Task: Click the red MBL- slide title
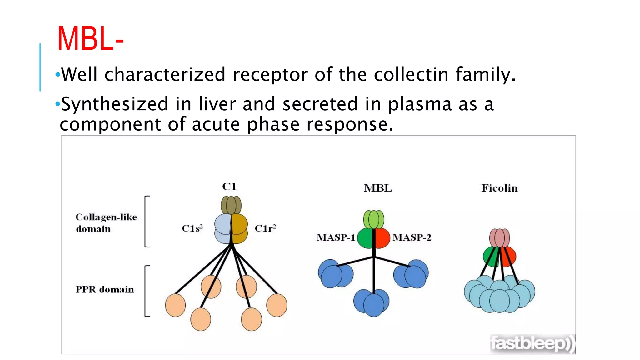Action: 91,39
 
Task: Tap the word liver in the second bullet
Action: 217,104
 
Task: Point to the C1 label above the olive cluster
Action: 229,187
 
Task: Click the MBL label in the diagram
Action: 377,188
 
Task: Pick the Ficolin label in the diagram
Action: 499,188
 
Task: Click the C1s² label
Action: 192,228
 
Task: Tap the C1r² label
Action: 265,228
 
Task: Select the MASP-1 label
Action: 336,237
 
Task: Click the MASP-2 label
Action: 412,237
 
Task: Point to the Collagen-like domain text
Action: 106,223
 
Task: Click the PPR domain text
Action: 105,289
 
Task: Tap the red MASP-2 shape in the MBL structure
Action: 383,238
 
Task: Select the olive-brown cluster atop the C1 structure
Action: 231,205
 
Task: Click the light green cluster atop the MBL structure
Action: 373,219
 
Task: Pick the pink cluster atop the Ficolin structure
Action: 499,238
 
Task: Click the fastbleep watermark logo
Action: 532,344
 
